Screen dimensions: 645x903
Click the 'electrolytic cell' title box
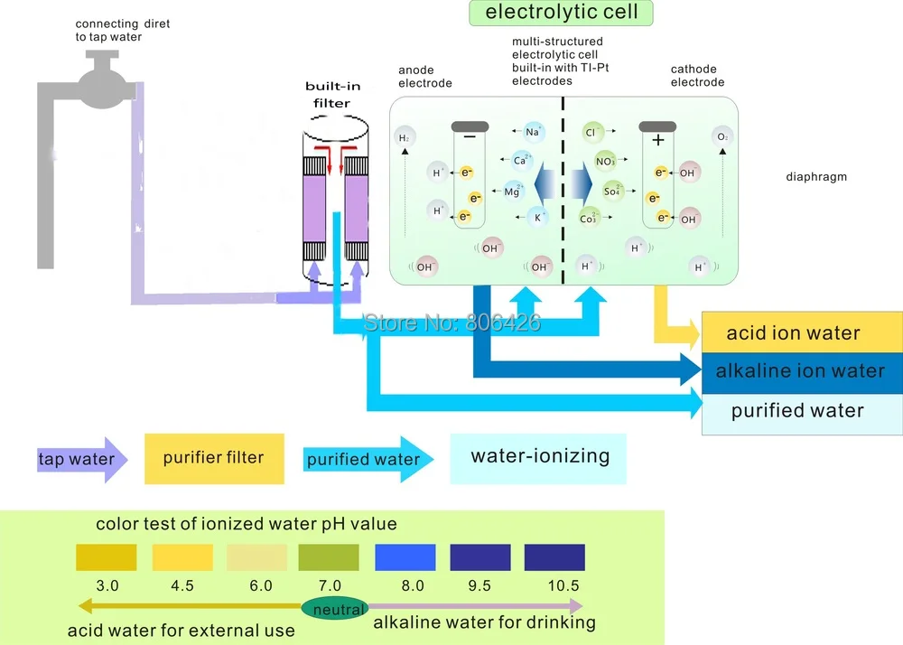[561, 13]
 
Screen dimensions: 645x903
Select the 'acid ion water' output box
[802, 333]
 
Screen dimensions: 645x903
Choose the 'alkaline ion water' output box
[802, 371]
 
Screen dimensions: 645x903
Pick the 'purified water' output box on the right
[802, 411]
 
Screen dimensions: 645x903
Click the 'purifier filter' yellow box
[214, 458]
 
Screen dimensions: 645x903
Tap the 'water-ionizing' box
[538, 456]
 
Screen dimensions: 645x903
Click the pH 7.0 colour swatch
[329, 556]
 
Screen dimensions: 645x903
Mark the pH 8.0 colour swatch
[405, 556]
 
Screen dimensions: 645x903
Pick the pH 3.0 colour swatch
[106, 556]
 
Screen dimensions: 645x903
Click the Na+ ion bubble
[533, 133]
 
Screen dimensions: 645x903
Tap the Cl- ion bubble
[593, 133]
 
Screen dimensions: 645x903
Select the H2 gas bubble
[405, 138]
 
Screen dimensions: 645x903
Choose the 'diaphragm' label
[816, 177]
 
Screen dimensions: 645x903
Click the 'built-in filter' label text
[331, 95]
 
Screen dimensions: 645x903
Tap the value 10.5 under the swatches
[563, 585]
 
